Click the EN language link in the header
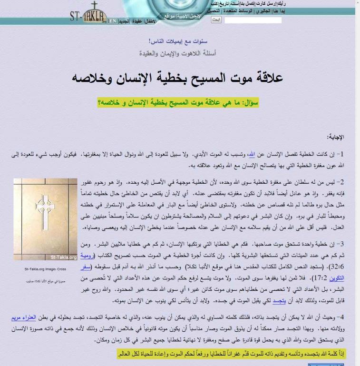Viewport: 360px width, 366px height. pos(112,21)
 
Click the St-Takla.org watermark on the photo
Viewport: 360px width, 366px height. pos(63,257)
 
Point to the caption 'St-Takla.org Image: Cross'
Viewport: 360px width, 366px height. pos(45,269)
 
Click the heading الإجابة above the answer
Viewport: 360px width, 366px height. pos(335,137)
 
